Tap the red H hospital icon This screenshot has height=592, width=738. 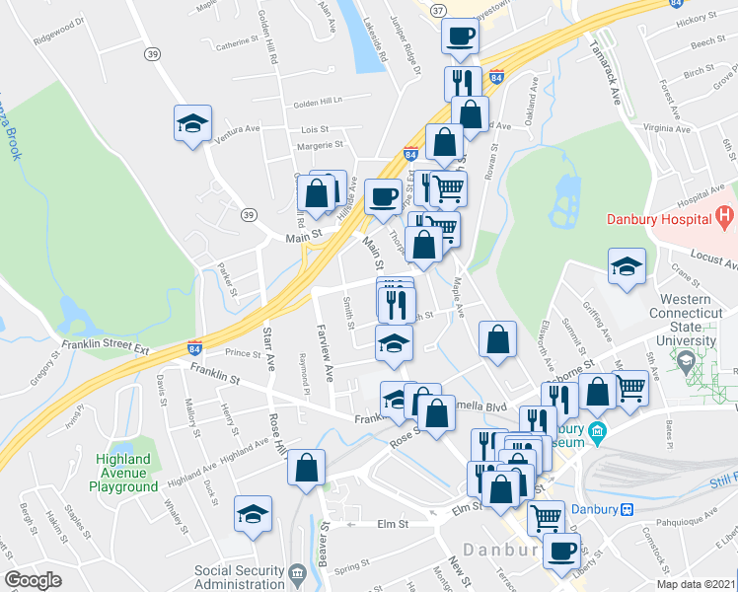tap(725, 214)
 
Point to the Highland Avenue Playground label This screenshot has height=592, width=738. tap(127, 473)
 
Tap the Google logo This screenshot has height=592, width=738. tap(33, 580)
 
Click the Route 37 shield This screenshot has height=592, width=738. tap(438, 9)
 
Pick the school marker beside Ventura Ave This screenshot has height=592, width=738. tap(193, 123)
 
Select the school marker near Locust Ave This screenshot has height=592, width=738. tap(626, 267)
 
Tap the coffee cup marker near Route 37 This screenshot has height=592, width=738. tap(460, 37)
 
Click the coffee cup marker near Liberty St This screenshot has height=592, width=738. tap(561, 551)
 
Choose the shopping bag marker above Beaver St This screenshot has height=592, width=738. tap(307, 465)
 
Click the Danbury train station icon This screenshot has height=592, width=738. tap(626, 510)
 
